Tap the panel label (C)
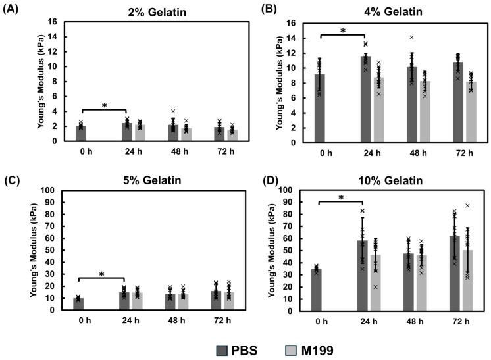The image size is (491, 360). point(13,179)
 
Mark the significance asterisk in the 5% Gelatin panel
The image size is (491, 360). point(102,274)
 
